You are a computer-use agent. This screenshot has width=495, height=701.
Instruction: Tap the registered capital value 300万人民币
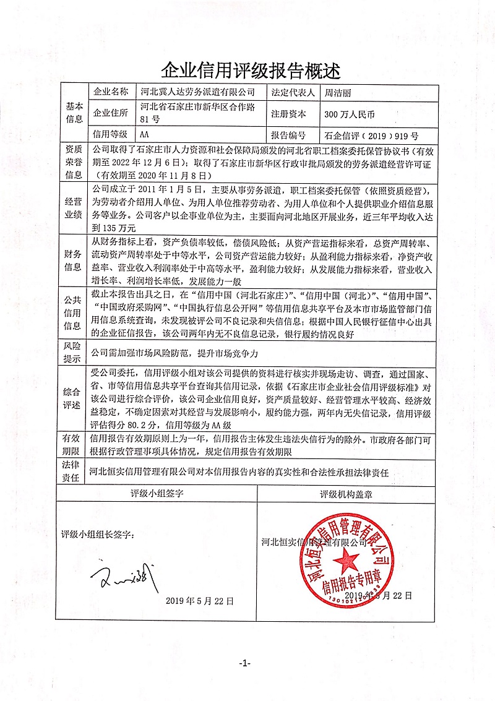(x=350, y=114)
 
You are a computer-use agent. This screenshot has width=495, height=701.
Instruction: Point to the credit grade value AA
(x=145, y=134)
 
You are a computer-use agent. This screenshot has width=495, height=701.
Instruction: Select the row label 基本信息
(x=74, y=113)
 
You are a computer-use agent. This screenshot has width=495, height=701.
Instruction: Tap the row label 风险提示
(x=74, y=353)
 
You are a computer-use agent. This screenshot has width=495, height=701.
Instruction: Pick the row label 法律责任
(x=74, y=471)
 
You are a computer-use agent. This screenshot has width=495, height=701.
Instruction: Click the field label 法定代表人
(x=293, y=93)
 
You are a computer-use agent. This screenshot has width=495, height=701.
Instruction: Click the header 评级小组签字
(x=156, y=494)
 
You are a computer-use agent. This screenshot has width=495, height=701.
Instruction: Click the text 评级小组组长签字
(x=97, y=534)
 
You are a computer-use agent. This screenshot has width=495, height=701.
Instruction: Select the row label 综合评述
(x=74, y=398)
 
